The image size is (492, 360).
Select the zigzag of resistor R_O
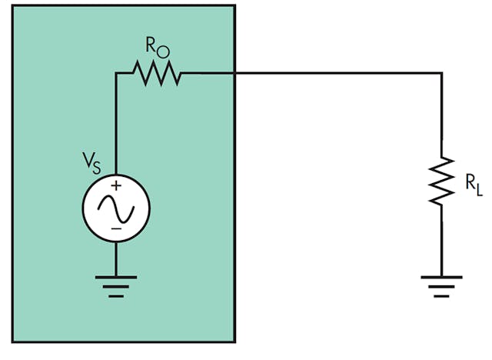point(156,74)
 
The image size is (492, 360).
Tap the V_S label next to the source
point(91,163)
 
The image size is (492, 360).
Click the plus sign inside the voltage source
point(116,185)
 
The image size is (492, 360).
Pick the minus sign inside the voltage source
point(116,228)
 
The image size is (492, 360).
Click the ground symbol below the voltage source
point(116,285)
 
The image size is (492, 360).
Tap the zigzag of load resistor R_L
point(442,182)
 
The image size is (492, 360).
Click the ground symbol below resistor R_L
point(442,285)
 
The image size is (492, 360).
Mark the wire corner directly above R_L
point(442,74)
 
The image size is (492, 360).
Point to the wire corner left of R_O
point(116,74)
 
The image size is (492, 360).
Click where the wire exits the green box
point(234,74)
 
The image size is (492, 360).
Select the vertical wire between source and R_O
point(116,123)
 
